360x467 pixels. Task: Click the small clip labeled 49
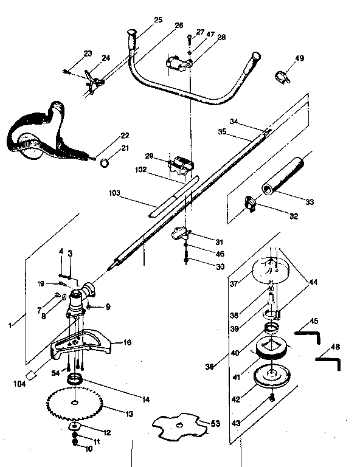(x=282, y=77)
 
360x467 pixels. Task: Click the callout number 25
(x=158, y=20)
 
